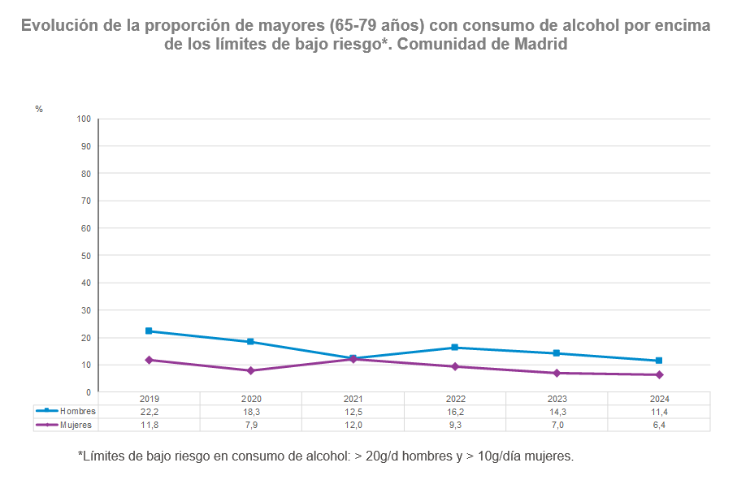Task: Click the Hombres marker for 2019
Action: (x=149, y=331)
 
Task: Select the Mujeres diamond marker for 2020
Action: (x=251, y=371)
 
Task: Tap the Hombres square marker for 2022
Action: (x=455, y=348)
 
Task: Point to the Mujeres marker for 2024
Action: (x=659, y=375)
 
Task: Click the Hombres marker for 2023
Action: (x=557, y=353)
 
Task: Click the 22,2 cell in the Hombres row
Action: (x=149, y=412)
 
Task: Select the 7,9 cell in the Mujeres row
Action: (x=251, y=425)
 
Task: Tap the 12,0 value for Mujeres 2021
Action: (x=353, y=425)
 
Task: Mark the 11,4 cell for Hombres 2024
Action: (x=659, y=412)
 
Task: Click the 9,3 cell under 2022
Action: (x=455, y=425)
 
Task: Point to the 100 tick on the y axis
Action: (x=83, y=119)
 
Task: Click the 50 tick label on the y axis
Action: (x=85, y=256)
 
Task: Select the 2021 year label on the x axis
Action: (x=353, y=399)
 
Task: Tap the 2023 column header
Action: (x=557, y=399)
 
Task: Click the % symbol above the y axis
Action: (x=39, y=109)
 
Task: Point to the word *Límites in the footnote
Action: (x=103, y=456)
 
